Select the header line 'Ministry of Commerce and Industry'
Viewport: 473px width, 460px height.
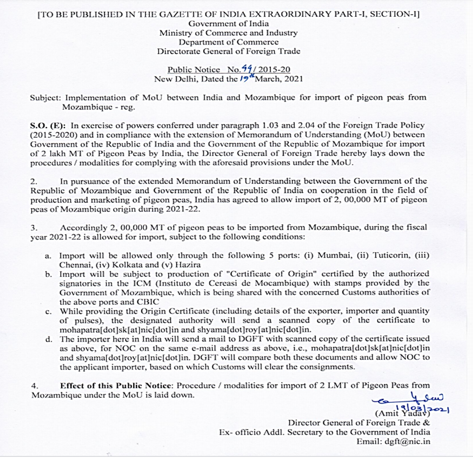click(x=228, y=33)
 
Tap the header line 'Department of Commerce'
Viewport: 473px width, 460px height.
click(x=229, y=42)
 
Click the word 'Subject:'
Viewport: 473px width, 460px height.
click(x=44, y=98)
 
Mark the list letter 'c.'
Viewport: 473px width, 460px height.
click(x=49, y=311)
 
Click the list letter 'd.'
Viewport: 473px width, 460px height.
click(x=49, y=339)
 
